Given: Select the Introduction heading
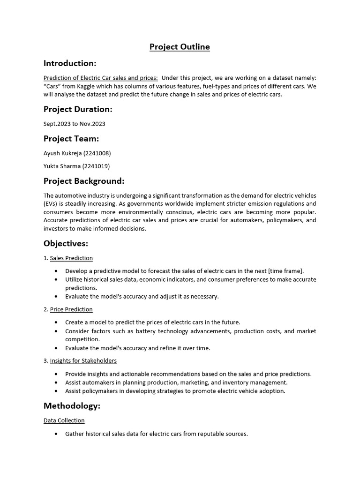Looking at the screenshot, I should coord(70,63).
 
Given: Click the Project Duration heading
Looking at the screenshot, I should coord(78,109).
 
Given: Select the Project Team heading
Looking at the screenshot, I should coord(71,138).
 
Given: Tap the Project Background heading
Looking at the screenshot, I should coord(84,181).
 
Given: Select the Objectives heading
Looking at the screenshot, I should coord(66,243).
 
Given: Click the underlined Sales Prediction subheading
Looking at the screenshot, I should coord(71,258).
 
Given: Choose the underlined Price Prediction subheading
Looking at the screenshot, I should coord(71,309).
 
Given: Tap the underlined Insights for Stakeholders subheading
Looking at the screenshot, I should coord(83,360).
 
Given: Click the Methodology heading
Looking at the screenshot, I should coord(72,405).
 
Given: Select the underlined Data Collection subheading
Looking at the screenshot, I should coord(64,420).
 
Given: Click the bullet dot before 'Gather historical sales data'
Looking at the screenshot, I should coord(56,434).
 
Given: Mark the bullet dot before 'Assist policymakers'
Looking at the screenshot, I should coord(56,391).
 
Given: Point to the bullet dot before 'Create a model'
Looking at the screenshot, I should coord(56,322).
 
